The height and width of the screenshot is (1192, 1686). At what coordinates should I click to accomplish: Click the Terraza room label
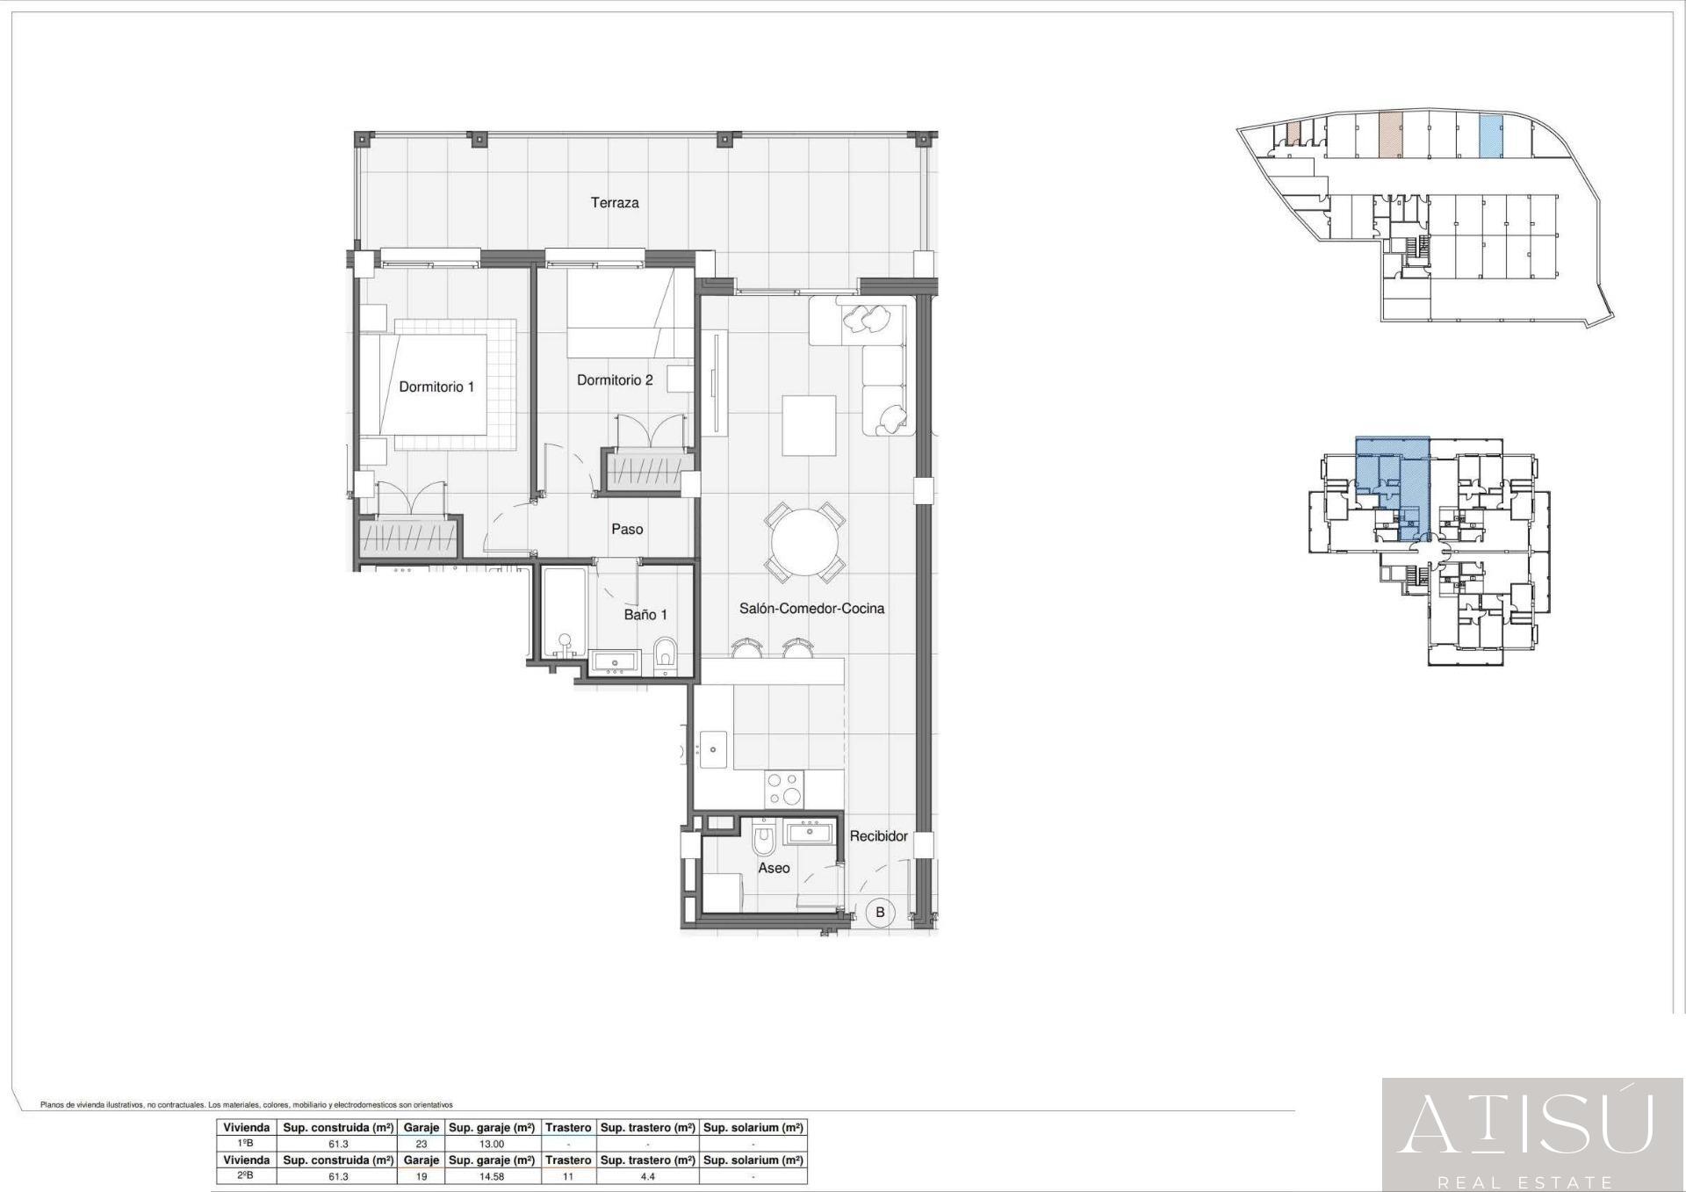(615, 203)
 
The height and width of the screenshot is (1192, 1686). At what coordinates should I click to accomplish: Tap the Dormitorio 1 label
(436, 386)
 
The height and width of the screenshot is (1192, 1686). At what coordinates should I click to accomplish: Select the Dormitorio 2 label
(615, 380)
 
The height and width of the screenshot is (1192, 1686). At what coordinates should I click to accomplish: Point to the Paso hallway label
(627, 529)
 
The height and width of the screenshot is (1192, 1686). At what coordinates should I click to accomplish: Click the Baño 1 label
(645, 615)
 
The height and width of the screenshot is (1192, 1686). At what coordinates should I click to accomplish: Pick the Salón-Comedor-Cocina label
(811, 608)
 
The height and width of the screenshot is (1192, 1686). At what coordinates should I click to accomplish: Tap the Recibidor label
(878, 836)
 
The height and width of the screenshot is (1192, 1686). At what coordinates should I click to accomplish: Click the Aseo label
(774, 868)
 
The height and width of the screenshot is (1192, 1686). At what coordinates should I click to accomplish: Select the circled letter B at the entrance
(880, 912)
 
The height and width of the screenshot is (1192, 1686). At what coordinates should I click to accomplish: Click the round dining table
(804, 543)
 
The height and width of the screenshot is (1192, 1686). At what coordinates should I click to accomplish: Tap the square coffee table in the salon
(809, 425)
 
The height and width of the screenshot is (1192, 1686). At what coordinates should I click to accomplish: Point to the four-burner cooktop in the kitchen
(783, 789)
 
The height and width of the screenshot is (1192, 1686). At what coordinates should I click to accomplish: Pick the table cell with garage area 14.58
(492, 1176)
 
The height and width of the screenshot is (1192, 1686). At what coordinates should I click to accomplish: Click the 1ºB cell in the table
(246, 1144)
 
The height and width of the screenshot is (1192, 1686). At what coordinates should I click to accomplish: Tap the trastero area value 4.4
(647, 1176)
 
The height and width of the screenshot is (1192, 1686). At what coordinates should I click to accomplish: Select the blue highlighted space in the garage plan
(1490, 137)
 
